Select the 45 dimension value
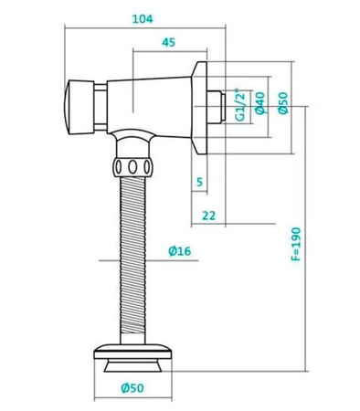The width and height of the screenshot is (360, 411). [x=169, y=42]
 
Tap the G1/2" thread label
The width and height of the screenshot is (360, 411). [x=240, y=106]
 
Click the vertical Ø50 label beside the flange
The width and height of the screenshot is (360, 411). [x=283, y=102]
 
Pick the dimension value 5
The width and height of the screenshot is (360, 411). [x=200, y=180]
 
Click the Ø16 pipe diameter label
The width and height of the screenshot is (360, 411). [x=179, y=252]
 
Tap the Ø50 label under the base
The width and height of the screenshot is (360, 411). [x=134, y=387]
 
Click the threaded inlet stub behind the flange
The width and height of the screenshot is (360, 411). [x=219, y=105]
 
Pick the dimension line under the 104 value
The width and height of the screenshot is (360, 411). [x=145, y=26]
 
